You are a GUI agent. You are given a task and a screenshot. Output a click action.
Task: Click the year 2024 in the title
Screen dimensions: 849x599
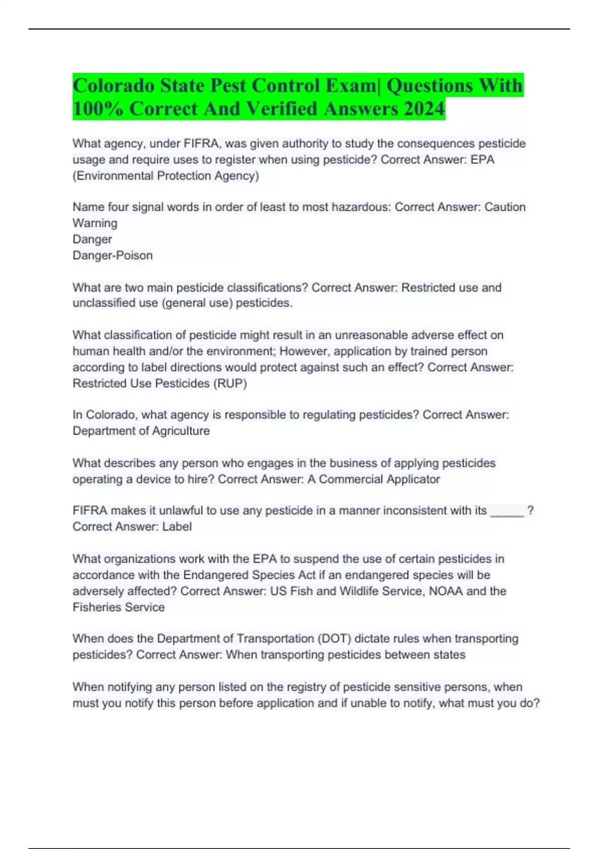424,108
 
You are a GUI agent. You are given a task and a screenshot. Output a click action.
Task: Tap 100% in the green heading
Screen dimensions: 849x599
98,108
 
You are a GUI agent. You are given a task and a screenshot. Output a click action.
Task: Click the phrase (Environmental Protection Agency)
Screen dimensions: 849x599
166,176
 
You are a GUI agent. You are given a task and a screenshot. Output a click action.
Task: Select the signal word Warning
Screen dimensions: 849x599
95,223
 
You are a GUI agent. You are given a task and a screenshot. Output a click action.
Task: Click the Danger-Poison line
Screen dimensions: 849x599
113,255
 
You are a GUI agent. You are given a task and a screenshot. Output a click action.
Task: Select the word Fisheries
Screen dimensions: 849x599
97,607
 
